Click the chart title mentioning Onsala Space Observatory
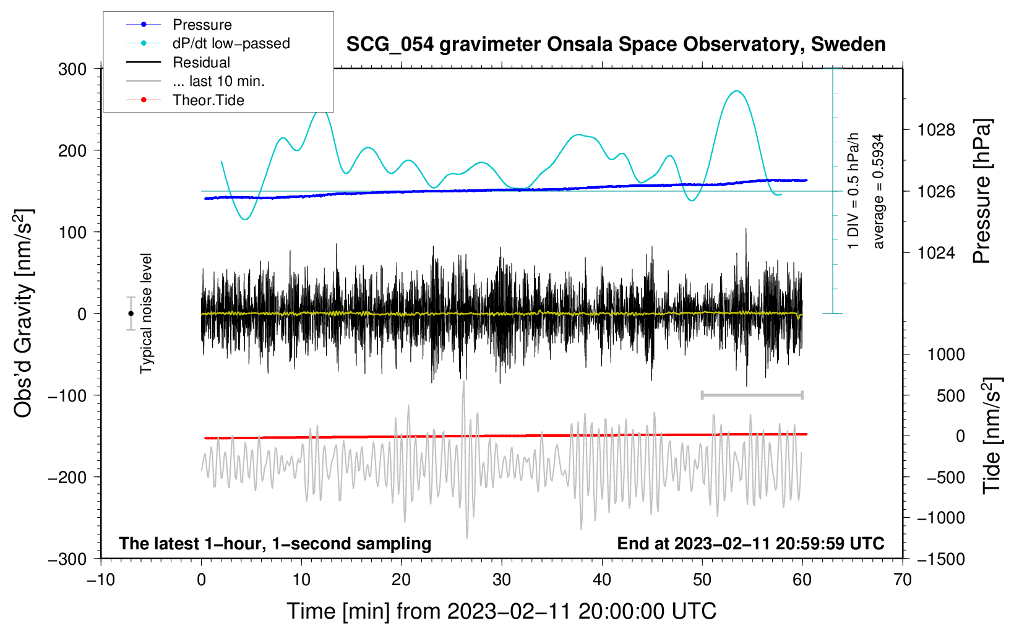click(616, 45)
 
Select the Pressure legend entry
click(202, 25)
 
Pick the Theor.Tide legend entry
click(208, 100)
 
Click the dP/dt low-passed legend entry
click(231, 43)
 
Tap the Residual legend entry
click(201, 62)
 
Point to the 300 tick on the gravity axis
click(72, 69)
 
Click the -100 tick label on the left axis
click(67, 395)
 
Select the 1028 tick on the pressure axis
click(936, 130)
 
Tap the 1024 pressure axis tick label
click(936, 252)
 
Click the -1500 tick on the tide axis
click(940, 559)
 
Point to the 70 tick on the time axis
click(903, 580)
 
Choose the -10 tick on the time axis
click(101, 580)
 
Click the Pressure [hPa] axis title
click(982, 192)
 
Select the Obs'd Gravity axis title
click(23, 314)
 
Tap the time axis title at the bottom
click(502, 611)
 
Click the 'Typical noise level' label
click(146, 314)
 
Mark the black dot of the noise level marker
click(131, 314)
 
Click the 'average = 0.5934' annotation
click(879, 192)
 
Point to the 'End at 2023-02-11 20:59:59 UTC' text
click(750, 543)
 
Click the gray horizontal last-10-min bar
click(752, 395)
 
